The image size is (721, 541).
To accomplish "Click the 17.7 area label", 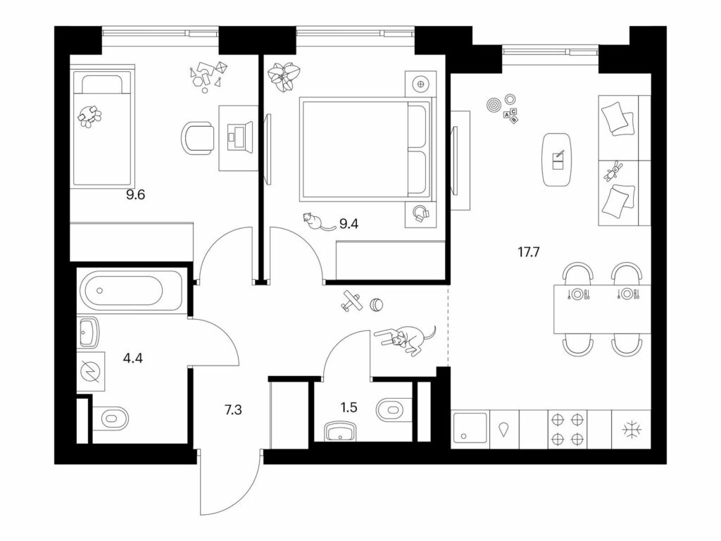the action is click(528, 252).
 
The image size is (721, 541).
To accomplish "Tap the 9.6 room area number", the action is click(136, 195).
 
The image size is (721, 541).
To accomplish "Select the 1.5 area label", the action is click(349, 408).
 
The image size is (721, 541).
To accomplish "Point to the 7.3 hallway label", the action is click(233, 409).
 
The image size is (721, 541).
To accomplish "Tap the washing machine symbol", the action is click(90, 372).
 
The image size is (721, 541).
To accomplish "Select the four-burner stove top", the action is click(567, 429).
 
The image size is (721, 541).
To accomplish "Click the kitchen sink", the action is click(470, 428).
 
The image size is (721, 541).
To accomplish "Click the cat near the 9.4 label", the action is click(317, 222).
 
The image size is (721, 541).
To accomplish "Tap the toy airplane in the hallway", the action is click(352, 301).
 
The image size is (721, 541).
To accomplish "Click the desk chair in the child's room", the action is click(197, 139).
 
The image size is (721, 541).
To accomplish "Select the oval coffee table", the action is click(558, 160).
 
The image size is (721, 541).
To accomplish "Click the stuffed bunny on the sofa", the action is click(613, 171).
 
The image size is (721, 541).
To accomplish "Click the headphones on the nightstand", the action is click(420, 214).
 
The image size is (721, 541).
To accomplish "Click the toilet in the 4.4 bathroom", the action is click(111, 418).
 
